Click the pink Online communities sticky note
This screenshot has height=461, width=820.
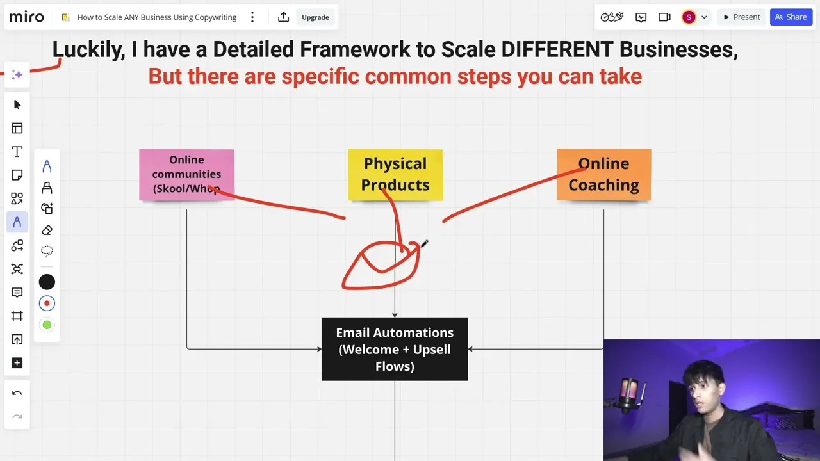pos(186,175)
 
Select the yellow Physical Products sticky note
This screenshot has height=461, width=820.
pos(395,175)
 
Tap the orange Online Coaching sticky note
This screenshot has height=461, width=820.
pos(603,175)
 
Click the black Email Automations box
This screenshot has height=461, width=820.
pos(395,349)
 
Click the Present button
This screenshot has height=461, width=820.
pos(742,17)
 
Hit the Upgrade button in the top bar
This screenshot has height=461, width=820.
pos(315,17)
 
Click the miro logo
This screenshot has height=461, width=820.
pos(27,17)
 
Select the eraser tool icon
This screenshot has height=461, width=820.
pos(47,230)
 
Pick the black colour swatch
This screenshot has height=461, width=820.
pos(47,282)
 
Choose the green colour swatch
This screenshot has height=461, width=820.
pos(47,325)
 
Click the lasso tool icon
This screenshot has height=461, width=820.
pos(47,252)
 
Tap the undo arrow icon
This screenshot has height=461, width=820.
pos(17,393)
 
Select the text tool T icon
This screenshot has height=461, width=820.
pos(17,152)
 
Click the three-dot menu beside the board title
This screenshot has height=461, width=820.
pos(252,17)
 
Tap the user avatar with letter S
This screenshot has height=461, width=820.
pos(689,17)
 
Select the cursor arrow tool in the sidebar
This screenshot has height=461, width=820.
pos(17,104)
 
